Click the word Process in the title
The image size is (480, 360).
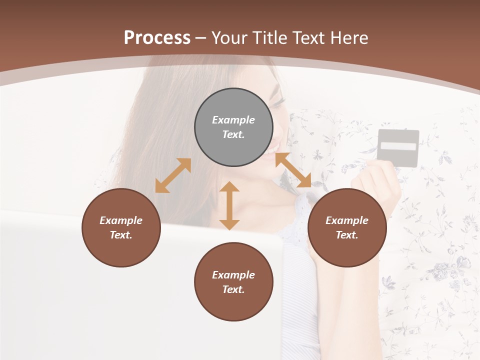157,38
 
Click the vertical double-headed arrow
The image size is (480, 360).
229,205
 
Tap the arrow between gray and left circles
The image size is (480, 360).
173,175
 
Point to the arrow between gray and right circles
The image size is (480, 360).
293,170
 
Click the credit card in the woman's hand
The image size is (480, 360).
397,148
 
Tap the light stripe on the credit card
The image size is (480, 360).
398,146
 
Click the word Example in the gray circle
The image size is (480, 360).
233,120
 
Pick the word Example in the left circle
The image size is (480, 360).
121,220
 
